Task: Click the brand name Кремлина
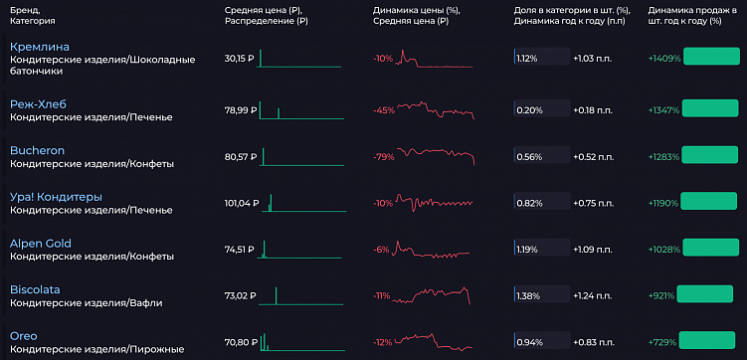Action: click(40, 47)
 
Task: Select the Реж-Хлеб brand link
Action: click(40, 103)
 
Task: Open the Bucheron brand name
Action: click(37, 150)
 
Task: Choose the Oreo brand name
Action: click(24, 335)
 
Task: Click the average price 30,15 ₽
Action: click(240, 59)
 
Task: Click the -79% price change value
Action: click(382, 156)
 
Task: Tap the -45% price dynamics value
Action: click(382, 109)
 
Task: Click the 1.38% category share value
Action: click(527, 295)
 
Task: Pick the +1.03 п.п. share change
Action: click(594, 59)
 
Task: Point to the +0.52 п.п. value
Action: click(594, 156)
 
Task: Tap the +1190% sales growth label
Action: click(663, 202)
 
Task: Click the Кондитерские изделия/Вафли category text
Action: click(86, 302)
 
